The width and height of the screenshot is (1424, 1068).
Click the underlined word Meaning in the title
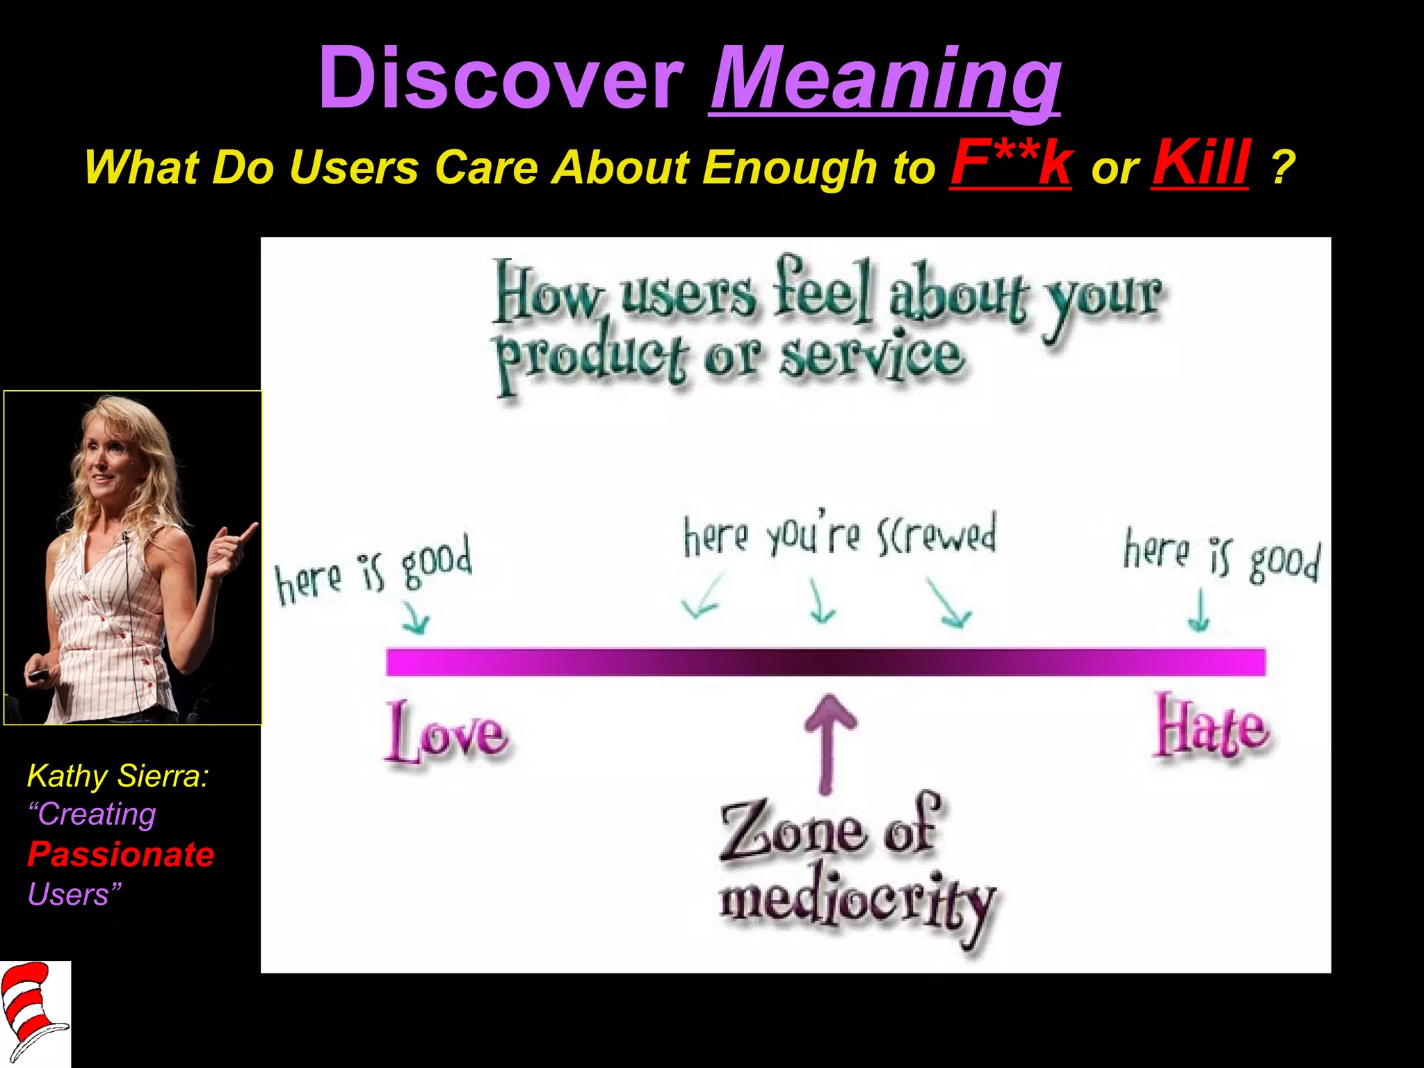(884, 78)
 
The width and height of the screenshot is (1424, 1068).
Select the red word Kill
(1200, 163)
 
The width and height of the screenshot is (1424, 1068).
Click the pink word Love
(446, 734)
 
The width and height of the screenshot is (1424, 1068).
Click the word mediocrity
(858, 904)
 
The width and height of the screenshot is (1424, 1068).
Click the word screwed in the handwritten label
(937, 535)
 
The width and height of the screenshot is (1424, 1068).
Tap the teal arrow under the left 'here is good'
(416, 617)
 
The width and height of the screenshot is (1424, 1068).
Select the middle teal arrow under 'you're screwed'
(821, 601)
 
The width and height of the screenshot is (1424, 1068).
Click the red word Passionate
(121, 855)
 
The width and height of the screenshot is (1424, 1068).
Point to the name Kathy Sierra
(118, 776)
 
